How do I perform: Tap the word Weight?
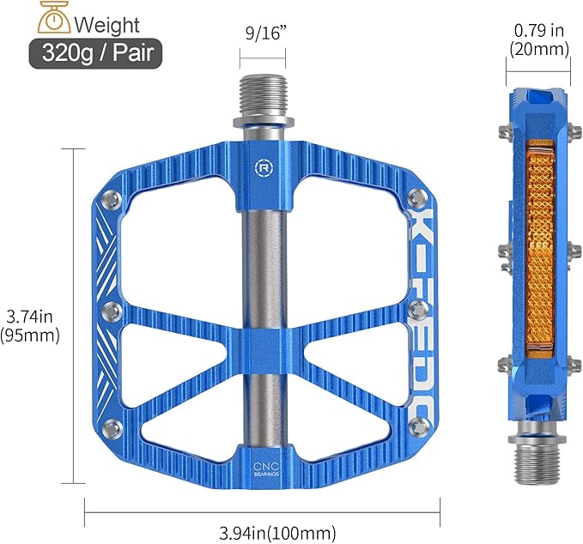[106, 22]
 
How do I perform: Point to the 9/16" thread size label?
[262, 37]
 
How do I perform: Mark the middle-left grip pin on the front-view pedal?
[109, 310]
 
